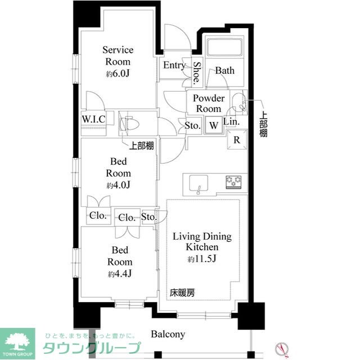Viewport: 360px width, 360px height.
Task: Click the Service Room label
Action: click(118, 56)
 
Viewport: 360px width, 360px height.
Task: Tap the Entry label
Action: click(174, 65)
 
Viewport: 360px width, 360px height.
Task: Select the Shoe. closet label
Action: click(196, 72)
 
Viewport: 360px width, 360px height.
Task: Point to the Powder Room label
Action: click(208, 103)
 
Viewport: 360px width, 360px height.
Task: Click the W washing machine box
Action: click(214, 125)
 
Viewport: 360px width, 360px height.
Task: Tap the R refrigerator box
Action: click(237, 140)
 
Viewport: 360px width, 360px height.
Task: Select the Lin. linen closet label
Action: click(231, 121)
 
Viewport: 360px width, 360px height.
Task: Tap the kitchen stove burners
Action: click(233, 181)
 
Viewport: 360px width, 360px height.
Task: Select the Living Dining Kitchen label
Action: click(202, 242)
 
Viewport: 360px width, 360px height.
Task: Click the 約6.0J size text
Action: click(118, 73)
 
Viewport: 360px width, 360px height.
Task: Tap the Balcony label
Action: click(168, 334)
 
